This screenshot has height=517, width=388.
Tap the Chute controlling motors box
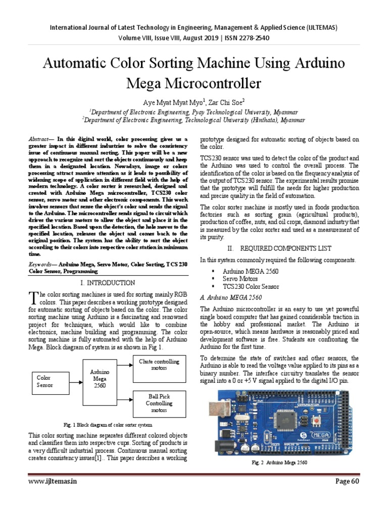[x=159, y=368]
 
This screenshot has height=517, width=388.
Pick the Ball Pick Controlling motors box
[x=159, y=403]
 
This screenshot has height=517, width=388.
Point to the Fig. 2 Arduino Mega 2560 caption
[x=279, y=462]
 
